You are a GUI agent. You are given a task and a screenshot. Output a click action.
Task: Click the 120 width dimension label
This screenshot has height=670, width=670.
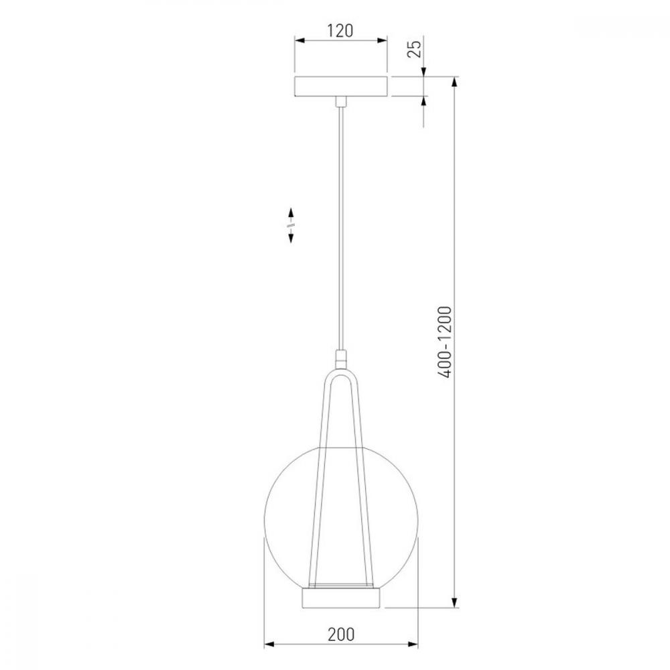[x=340, y=31]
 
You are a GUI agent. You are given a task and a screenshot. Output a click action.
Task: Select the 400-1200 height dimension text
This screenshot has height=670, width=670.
[x=444, y=342]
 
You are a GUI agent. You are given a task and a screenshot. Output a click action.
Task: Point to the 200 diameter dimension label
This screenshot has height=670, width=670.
[x=341, y=634]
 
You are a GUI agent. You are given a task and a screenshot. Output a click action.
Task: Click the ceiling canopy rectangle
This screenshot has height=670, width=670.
[x=341, y=86]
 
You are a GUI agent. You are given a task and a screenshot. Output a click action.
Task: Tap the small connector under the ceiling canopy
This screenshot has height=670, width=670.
[x=341, y=102]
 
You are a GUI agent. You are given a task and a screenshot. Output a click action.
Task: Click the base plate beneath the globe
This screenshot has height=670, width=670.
[x=341, y=598]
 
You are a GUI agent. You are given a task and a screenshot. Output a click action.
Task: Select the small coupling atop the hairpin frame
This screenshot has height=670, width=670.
[x=341, y=358]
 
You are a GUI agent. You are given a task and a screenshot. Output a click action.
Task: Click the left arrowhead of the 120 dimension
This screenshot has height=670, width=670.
[x=299, y=41]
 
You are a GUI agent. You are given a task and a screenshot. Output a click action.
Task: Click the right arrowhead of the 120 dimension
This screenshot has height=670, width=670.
[x=383, y=41]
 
